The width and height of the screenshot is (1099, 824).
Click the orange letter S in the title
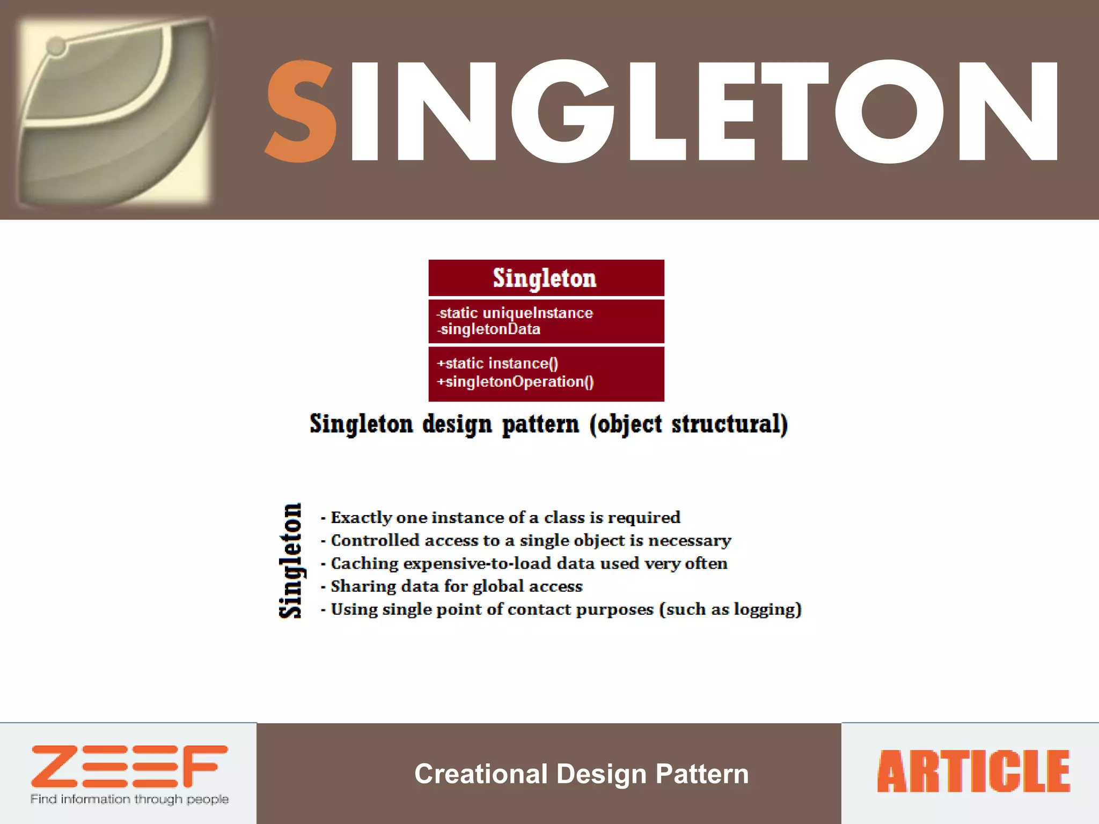[302, 112]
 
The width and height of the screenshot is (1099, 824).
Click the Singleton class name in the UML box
[545, 278]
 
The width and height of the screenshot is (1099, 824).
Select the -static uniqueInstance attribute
[515, 313]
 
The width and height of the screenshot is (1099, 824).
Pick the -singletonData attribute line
[489, 329]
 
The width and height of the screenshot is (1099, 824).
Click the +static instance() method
[498, 363]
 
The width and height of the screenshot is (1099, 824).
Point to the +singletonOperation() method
[515, 381]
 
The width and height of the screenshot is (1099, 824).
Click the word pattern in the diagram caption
[540, 424]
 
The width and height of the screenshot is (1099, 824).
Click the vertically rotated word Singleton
[291, 561]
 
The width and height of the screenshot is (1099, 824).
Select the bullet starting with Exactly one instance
[504, 518]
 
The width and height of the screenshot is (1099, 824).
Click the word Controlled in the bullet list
[375, 540]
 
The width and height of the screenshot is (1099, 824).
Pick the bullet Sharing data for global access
[456, 586]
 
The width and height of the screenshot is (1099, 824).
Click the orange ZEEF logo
[129, 766]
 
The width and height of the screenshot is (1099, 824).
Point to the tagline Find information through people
[129, 799]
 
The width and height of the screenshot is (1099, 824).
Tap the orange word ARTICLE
[973, 771]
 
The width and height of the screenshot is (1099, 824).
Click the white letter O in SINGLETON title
[889, 112]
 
